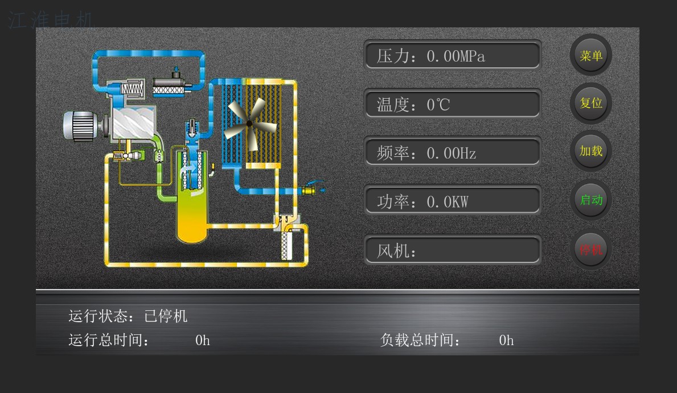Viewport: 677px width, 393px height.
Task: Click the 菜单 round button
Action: (590, 55)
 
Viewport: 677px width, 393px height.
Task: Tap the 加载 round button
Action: (590, 151)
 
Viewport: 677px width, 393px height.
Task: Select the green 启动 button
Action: (590, 200)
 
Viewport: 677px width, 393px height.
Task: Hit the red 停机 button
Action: (590, 249)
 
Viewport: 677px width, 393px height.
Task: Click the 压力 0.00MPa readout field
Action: (452, 55)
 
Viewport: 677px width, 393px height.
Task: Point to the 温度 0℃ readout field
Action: (452, 104)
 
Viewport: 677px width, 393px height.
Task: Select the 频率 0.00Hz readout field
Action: (452, 152)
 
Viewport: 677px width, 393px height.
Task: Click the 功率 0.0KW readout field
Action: (452, 201)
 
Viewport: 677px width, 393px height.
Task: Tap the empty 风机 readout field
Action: (452, 250)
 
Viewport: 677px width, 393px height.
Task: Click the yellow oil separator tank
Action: (190, 217)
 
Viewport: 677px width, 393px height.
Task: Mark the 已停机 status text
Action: (166, 316)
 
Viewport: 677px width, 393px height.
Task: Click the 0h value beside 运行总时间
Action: (203, 341)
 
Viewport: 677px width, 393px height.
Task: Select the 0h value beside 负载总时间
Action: (506, 341)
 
